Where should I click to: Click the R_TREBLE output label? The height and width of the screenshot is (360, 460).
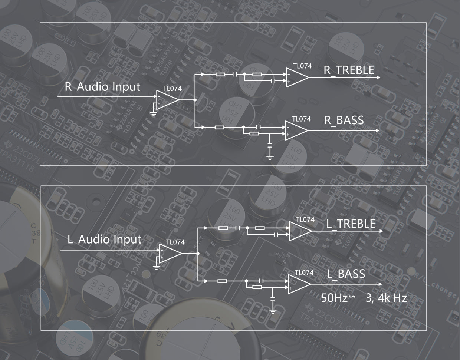pyautogui.click(x=349, y=70)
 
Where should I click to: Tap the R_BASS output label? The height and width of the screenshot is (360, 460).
pyautogui.click(x=344, y=120)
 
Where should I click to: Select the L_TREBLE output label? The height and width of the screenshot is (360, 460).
pyautogui.click(x=351, y=224)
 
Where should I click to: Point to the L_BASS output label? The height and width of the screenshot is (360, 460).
pyautogui.click(x=346, y=274)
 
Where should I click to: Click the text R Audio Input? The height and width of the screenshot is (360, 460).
pyautogui.click(x=103, y=87)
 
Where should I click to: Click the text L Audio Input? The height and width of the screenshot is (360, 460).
pyautogui.click(x=104, y=240)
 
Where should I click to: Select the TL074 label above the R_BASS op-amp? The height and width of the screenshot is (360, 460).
pyautogui.click(x=301, y=119)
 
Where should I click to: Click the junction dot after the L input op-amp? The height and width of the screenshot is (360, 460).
pyautogui.click(x=198, y=253)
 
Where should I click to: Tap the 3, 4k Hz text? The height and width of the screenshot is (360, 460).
pyautogui.click(x=386, y=298)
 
